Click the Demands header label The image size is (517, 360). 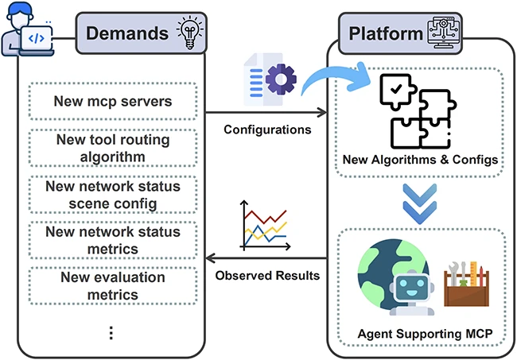[x=126, y=33]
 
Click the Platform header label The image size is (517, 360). [x=384, y=33]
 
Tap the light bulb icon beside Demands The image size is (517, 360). [x=189, y=33]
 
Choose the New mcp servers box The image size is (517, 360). [x=112, y=102]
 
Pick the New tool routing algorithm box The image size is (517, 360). [x=112, y=148]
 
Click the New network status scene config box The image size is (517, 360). [x=112, y=194]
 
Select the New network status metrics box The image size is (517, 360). [x=112, y=240]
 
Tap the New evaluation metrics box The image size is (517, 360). [x=112, y=286]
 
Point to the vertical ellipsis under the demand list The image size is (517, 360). [x=111, y=332]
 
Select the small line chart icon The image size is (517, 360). [x=262, y=226]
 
